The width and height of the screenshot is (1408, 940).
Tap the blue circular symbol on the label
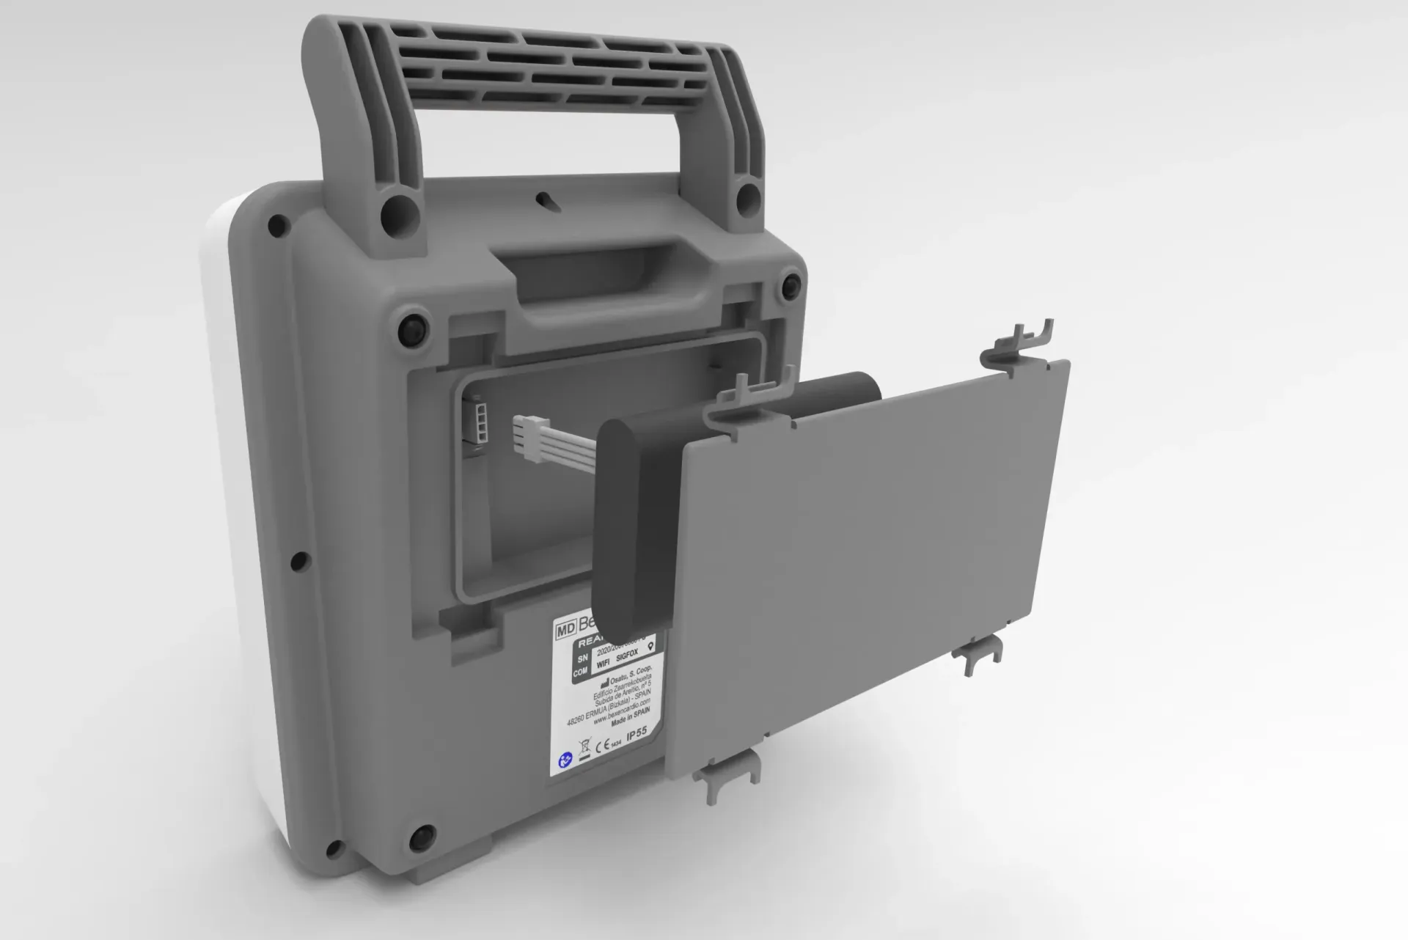(563, 761)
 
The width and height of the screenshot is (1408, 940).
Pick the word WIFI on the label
(603, 662)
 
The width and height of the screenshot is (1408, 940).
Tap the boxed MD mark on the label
(565, 629)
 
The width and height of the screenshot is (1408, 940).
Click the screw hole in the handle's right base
(748, 194)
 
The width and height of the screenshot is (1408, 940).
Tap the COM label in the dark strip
(580, 672)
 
